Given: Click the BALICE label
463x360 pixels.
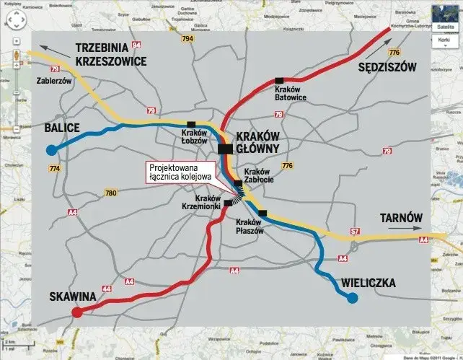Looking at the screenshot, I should tap(61, 128).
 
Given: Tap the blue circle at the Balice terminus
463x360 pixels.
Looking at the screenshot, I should tap(51, 151).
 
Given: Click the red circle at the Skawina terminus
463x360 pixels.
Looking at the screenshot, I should tap(76, 312).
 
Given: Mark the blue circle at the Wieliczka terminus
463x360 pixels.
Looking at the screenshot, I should tap(352, 298).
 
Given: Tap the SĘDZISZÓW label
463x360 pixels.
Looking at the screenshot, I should tap(388, 67).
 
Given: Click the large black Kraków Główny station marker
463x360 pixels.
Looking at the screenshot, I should tap(225, 149).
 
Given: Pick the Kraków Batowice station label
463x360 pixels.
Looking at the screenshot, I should tap(291, 92).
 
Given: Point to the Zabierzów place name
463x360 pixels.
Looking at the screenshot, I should tap(54, 82).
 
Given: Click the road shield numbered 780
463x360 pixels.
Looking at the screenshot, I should tap(110, 193).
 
